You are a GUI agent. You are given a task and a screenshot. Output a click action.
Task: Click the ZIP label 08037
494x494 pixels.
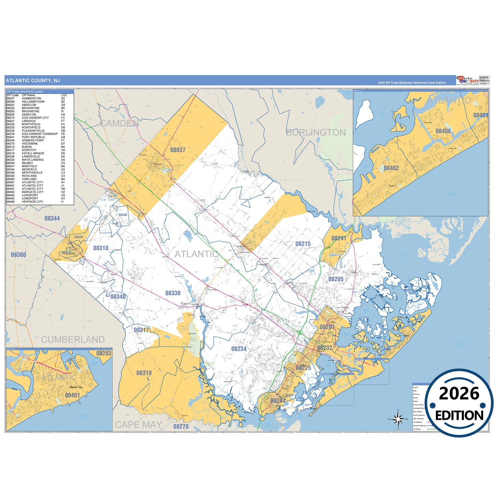[178, 150]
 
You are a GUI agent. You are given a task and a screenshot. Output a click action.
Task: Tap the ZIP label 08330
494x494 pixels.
[173, 293]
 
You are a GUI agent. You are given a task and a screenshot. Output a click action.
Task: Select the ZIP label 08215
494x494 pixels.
[303, 244]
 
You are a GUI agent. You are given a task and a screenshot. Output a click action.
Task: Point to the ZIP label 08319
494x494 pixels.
[144, 373]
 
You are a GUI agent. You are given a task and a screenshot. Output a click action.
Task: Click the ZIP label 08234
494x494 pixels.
[239, 349]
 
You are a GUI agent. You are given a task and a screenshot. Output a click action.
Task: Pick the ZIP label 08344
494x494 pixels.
[52, 218]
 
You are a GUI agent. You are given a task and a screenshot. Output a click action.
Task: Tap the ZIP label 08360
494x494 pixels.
[18, 255]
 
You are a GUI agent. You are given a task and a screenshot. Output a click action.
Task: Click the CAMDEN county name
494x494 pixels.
[119, 124]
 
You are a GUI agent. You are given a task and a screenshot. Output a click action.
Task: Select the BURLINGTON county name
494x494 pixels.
[316, 133]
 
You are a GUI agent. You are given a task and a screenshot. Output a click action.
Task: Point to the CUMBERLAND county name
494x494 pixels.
[73, 339]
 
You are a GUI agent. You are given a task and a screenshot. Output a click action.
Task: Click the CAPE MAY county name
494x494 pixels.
[138, 425]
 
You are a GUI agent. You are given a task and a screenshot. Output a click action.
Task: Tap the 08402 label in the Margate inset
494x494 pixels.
[391, 168]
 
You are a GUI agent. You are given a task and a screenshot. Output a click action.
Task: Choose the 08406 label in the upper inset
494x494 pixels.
[443, 131]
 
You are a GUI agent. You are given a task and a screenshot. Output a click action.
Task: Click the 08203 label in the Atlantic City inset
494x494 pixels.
[104, 353]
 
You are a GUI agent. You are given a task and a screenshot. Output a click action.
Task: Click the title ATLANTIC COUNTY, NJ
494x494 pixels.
[33, 81]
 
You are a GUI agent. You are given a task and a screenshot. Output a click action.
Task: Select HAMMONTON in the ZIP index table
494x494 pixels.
[31, 98]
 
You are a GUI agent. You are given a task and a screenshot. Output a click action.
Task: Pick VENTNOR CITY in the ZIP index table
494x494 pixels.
[32, 202]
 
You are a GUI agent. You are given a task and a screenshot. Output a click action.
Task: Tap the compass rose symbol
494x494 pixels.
[398, 419]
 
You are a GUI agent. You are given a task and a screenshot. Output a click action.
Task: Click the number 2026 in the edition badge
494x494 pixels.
[459, 394]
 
